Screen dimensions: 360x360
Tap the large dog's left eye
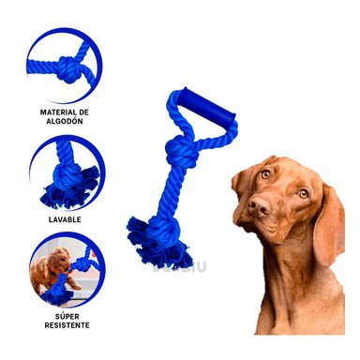(x=265, y=174)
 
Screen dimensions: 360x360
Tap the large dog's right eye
(x=303, y=193)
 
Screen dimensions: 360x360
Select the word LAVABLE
(x=62, y=220)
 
